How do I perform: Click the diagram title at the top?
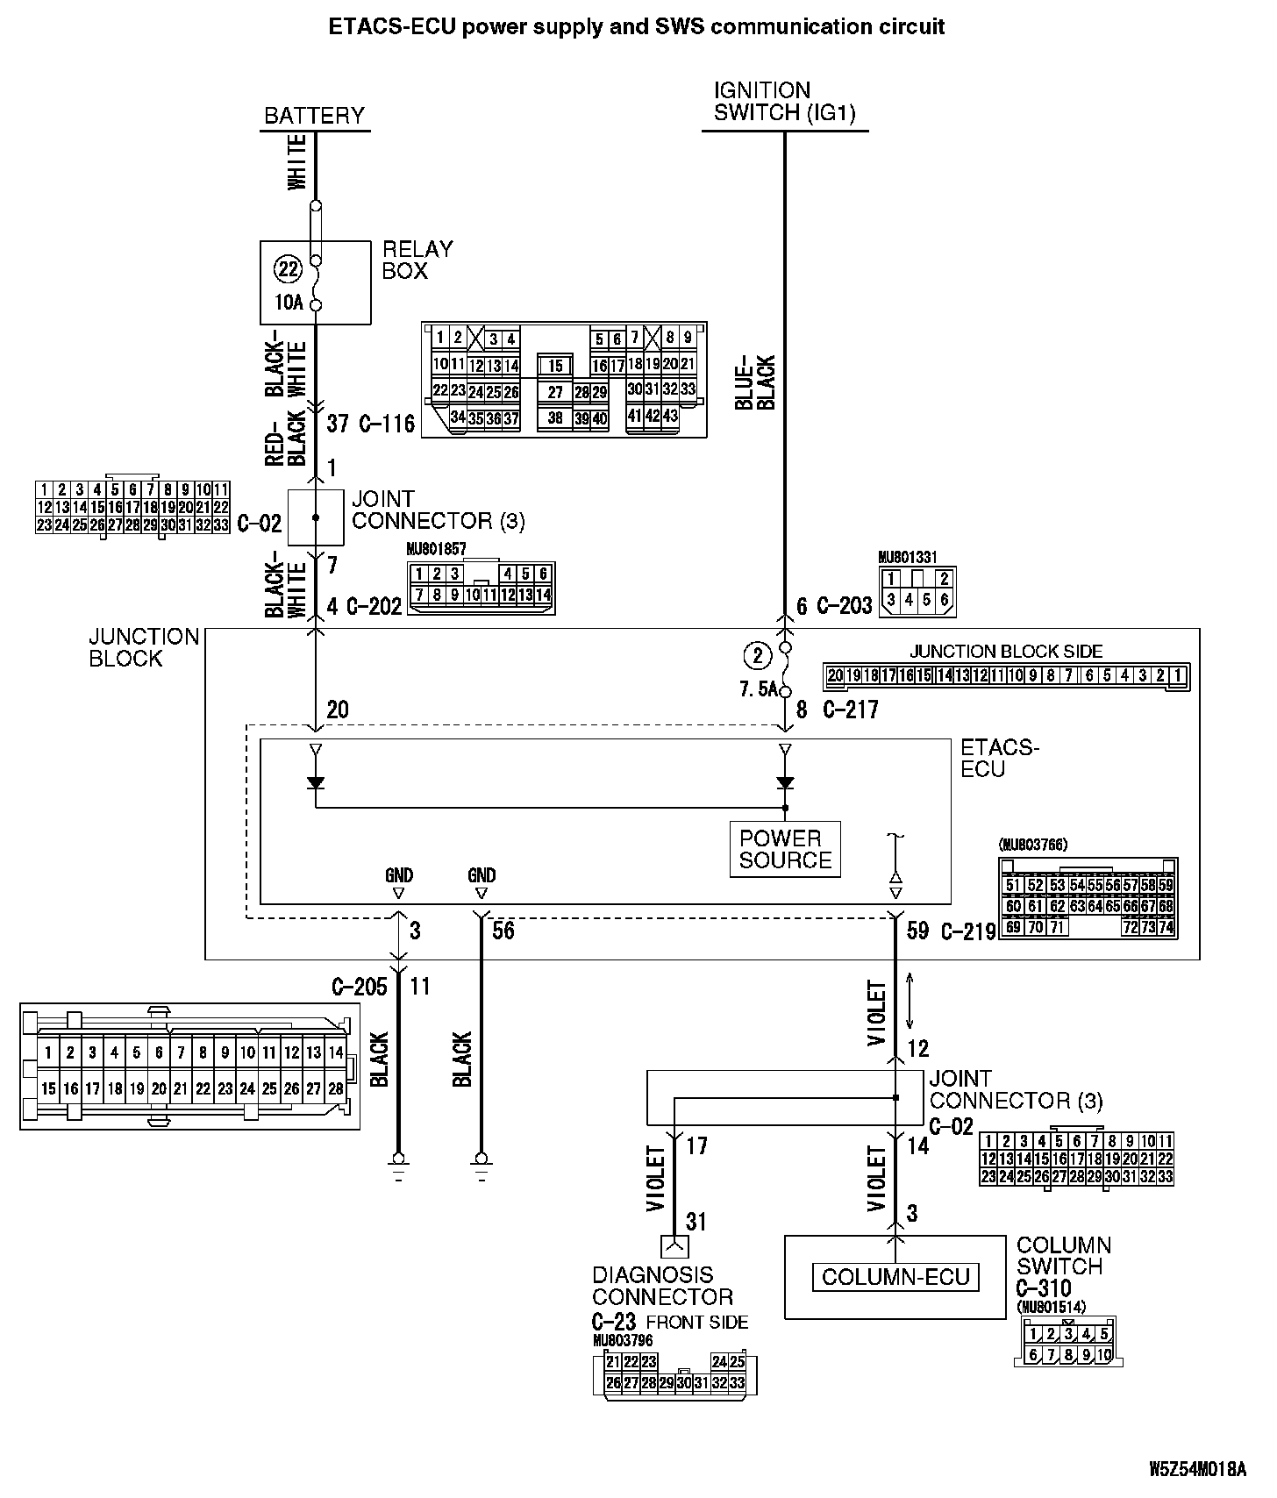pos(637,27)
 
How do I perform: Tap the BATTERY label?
pos(314,116)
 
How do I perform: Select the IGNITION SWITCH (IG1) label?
pos(784,102)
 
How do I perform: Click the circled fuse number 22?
pos(289,268)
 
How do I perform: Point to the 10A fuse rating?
pos(289,303)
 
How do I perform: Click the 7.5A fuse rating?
pos(759,689)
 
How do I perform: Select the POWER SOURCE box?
pos(785,849)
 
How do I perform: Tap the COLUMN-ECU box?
pos(895,1277)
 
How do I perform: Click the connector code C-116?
pos(387,424)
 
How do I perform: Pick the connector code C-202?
pos(375,606)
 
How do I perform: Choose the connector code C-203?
pos(845,606)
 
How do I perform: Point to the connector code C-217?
pos(851,710)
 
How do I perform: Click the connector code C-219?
pos(968,931)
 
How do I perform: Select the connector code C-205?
pos(359,987)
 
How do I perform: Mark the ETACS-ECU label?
pos(999,759)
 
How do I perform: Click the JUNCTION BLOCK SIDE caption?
pos(1006,652)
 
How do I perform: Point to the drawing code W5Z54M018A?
pos(1197,1469)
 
